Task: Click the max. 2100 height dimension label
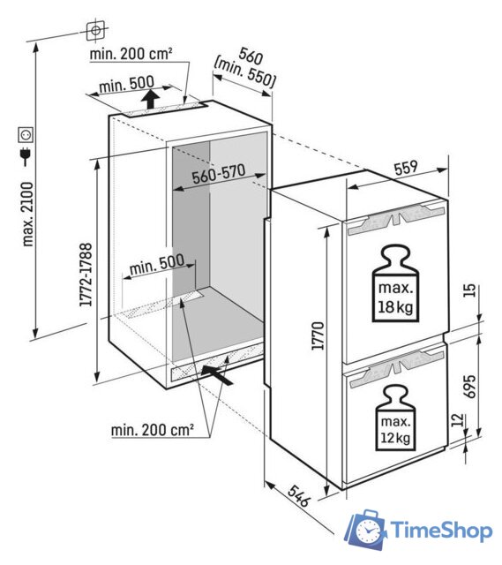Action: click(27, 214)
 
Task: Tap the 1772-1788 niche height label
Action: click(86, 275)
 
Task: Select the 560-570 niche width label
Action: click(219, 174)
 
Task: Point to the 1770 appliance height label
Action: click(318, 335)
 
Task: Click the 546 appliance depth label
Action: click(298, 496)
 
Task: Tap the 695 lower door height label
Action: click(469, 387)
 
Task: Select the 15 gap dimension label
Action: click(469, 290)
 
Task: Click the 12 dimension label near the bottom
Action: click(456, 419)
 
